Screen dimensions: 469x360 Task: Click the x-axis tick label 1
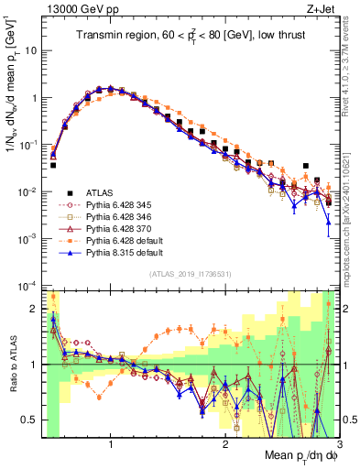pyautogui.click(x=111, y=443)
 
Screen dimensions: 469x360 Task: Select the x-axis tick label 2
pyautogui.click(x=225, y=443)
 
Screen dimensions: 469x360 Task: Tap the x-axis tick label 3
pyautogui.click(x=339, y=443)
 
